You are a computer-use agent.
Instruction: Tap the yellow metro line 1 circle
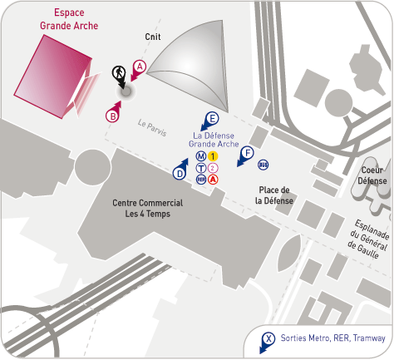pos(213,156)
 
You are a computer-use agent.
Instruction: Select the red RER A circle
pos(213,180)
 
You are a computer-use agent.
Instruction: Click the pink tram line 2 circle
pos(213,168)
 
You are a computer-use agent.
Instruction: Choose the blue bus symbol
pos(263,165)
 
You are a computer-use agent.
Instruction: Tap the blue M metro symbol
pos(201,156)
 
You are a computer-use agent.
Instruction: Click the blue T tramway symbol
pos(201,168)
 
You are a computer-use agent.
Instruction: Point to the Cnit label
pos(153,37)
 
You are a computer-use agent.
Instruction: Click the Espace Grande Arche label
pos(69,19)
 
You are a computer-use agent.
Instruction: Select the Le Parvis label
pos(152,128)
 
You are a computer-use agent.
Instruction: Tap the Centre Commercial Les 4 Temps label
pos(147,208)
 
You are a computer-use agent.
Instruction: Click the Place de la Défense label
pos(274,195)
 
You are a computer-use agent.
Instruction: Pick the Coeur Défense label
pos(372,175)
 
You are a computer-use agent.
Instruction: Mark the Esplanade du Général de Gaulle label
pos(369,239)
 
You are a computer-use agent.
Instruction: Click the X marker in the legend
pos(268,339)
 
